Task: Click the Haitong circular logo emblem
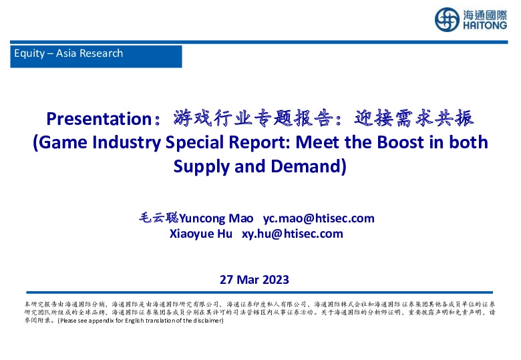point(446,19)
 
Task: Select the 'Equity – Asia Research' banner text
point(69,53)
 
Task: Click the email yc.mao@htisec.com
point(319,218)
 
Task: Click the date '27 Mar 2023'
point(254,279)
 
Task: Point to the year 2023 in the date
point(275,279)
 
